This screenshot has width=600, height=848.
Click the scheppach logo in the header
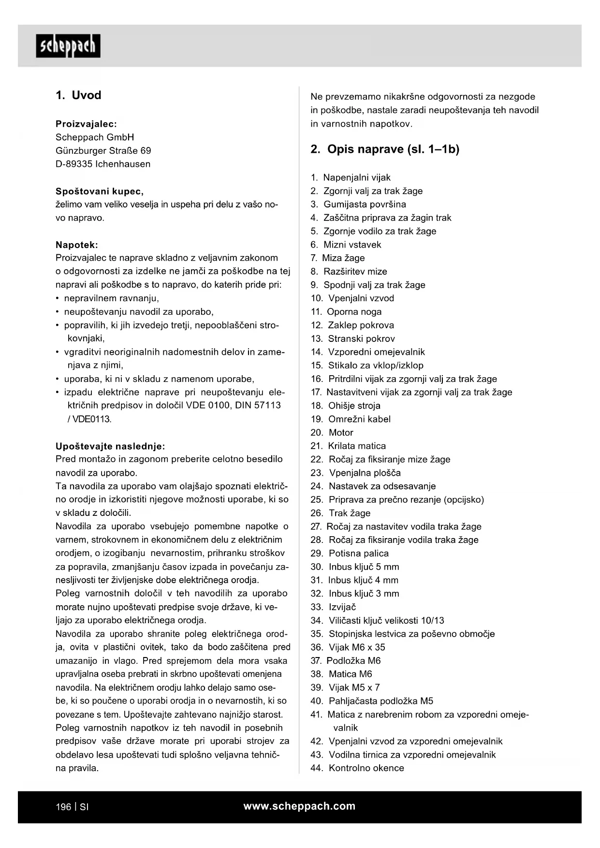pyautogui.click(x=68, y=46)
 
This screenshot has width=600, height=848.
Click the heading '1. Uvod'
pyautogui.click(x=78, y=95)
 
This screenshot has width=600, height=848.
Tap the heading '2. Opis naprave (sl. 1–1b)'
pyautogui.click(x=385, y=149)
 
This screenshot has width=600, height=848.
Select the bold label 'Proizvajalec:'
pyautogui.click(x=86, y=124)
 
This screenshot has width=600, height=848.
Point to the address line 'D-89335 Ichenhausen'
pyautogui.click(x=103, y=164)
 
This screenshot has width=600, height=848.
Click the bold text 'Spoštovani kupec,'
pyautogui.click(x=100, y=191)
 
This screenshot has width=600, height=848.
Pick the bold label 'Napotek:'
pyautogui.click(x=77, y=245)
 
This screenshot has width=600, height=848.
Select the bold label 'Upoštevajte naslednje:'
pyautogui.click(x=110, y=446)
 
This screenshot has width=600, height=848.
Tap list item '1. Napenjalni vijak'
pyautogui.click(x=351, y=177)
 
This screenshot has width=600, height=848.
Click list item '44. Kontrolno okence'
pyautogui.click(x=357, y=768)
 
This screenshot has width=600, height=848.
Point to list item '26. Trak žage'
pyautogui.click(x=340, y=513)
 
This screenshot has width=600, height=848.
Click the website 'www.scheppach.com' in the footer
pyautogui.click(x=299, y=806)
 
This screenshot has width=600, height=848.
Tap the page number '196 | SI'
pyautogui.click(x=72, y=807)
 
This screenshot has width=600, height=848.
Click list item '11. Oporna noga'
pyautogui.click(x=346, y=312)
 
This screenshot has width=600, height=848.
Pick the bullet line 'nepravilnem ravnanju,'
pyautogui.click(x=111, y=298)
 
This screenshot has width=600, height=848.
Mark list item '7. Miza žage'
pyautogui.click(x=337, y=258)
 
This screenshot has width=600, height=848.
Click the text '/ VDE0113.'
pyautogui.click(x=89, y=419)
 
